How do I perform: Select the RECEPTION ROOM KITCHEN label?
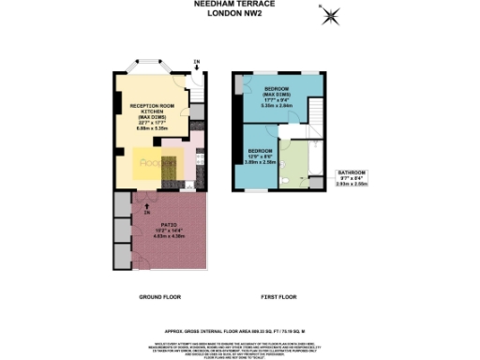click(149, 107)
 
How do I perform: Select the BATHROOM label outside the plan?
click(352, 173)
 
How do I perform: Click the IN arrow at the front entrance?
click(196, 64)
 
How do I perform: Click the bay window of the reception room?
click(149, 69)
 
